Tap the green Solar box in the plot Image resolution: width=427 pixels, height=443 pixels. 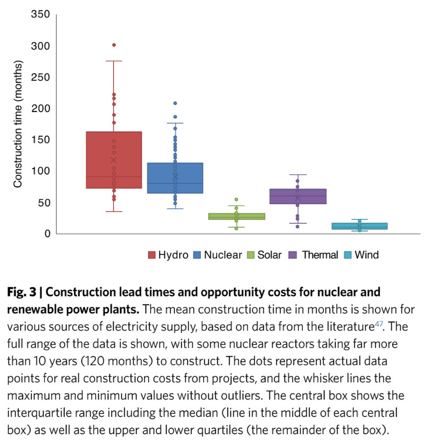click(237, 216)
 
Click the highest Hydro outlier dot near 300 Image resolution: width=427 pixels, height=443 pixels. click(114, 45)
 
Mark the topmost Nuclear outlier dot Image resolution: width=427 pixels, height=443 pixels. click(175, 103)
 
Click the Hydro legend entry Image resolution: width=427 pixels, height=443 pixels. click(168, 255)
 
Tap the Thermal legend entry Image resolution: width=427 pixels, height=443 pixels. click(314, 255)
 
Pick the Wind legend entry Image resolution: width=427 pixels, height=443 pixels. click(361, 255)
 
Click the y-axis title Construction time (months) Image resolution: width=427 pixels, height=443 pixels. click(18, 125)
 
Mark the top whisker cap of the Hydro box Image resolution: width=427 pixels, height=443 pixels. click(114, 61)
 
